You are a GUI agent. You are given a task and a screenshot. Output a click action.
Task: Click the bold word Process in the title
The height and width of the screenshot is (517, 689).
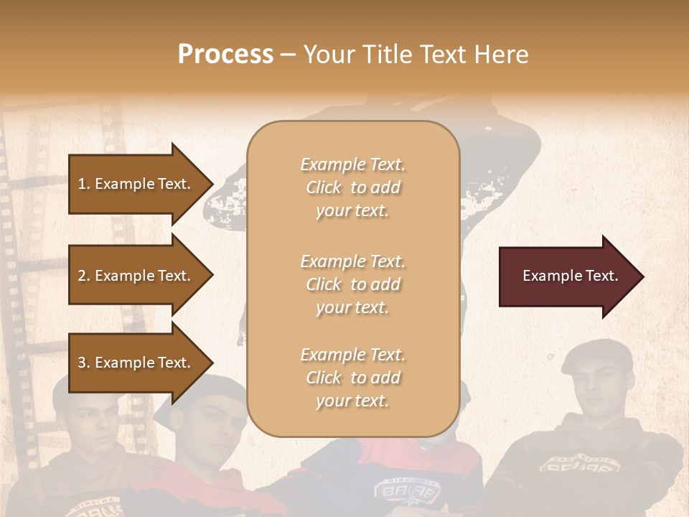coord(225,55)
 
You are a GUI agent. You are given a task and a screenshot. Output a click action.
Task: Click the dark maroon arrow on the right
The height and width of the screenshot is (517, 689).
coord(567,276)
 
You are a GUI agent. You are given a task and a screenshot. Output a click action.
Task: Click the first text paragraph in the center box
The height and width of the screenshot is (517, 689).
coord(352,187)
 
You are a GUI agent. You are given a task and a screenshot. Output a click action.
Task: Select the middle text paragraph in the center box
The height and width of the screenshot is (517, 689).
coord(352,284)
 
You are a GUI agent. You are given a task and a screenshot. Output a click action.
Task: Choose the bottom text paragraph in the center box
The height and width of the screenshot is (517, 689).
coord(352,378)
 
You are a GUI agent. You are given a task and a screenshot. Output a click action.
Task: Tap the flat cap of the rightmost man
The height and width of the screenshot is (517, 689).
coord(599,354)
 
